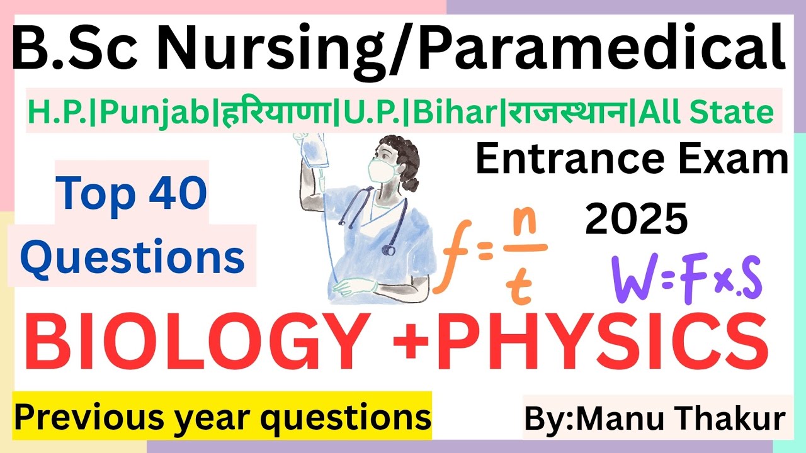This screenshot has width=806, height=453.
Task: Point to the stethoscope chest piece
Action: click(389, 250)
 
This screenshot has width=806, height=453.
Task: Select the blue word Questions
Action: click(136, 258)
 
